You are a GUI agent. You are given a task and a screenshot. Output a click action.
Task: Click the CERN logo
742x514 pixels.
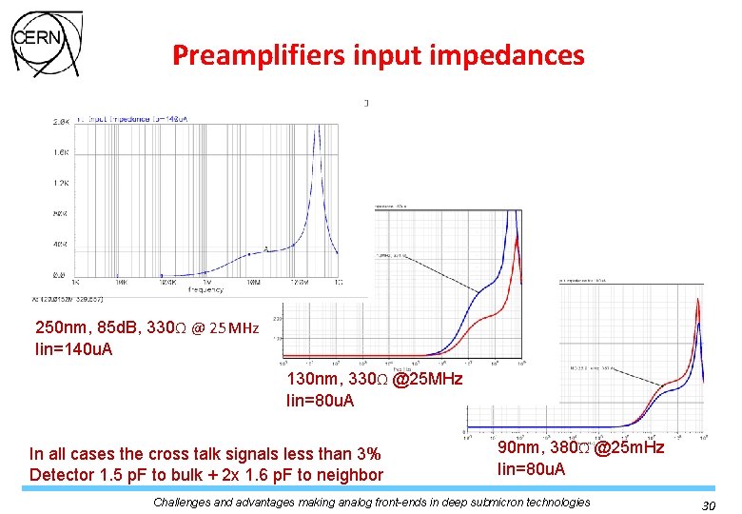46,43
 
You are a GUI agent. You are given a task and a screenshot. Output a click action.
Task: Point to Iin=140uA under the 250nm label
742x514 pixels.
73,348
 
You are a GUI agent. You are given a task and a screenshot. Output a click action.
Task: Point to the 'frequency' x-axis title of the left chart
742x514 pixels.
205,288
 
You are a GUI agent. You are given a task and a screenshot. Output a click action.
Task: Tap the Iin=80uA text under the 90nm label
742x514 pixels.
532,468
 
